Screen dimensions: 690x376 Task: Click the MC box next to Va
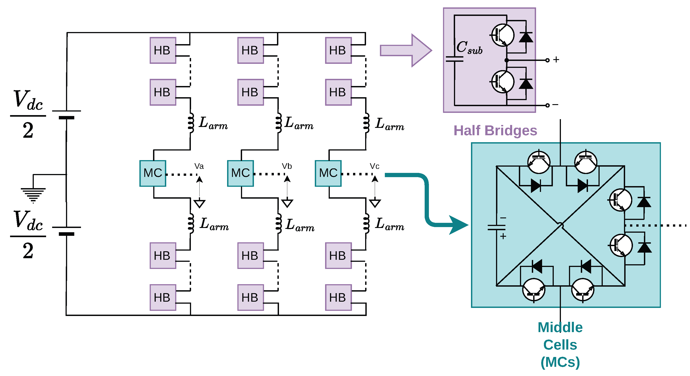[153, 173]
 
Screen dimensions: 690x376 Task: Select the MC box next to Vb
[240, 173]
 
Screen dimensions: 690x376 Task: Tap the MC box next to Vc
[328, 173]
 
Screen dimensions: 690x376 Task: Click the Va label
[199, 166]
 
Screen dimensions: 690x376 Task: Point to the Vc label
[375, 166]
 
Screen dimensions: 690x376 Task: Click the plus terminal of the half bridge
[547, 60]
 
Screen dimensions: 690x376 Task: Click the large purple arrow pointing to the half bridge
[406, 50]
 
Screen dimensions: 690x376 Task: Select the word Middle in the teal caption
[560, 327]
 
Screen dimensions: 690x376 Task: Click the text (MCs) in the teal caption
[560, 362]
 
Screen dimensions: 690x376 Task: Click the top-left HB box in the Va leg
[163, 50]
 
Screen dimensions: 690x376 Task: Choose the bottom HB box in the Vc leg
[338, 297]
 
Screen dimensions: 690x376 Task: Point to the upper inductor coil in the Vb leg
[279, 123]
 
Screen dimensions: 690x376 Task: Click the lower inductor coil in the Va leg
[191, 224]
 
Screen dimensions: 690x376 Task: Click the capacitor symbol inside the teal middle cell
[496, 228]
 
